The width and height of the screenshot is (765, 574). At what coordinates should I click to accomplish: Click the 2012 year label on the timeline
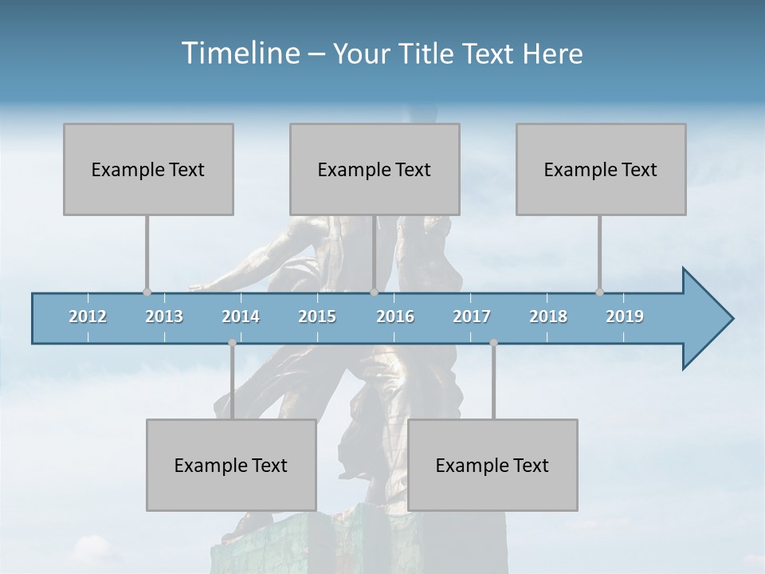(x=88, y=316)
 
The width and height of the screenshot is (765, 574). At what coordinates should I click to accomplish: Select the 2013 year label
(x=164, y=316)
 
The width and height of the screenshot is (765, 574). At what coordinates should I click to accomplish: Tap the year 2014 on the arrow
(x=241, y=316)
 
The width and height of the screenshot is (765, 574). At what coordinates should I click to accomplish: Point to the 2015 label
(x=317, y=316)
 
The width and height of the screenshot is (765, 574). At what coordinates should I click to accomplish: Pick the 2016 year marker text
(x=395, y=316)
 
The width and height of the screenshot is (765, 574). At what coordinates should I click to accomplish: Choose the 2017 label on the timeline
(x=472, y=316)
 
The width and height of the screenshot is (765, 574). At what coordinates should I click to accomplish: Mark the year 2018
(x=548, y=316)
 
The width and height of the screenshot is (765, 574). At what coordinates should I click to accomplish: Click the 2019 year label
(x=625, y=316)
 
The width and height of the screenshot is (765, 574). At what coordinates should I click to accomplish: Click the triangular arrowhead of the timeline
(x=705, y=319)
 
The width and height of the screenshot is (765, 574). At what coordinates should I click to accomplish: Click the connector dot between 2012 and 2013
(x=147, y=293)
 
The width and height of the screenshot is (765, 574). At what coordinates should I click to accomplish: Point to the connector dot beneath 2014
(x=232, y=343)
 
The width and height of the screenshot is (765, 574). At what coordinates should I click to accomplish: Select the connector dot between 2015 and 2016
(x=374, y=293)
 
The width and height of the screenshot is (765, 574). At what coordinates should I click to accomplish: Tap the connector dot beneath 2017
(x=493, y=343)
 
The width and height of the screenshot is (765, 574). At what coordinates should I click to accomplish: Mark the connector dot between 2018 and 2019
(x=599, y=293)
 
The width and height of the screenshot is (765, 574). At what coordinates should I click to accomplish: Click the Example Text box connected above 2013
(x=148, y=169)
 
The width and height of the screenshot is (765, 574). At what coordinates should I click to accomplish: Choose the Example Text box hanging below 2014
(x=231, y=465)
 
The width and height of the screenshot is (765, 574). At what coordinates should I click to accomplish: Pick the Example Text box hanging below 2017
(x=492, y=465)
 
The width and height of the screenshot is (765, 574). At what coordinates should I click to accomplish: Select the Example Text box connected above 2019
(x=601, y=169)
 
